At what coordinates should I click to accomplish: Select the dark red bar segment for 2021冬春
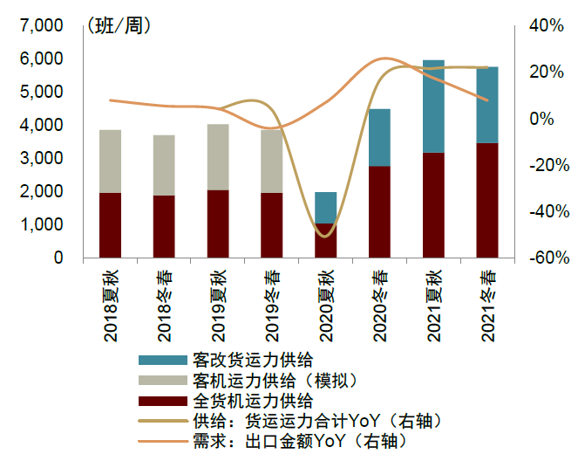487,200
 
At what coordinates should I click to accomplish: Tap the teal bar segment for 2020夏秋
325,208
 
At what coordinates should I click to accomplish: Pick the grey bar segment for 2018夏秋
110,162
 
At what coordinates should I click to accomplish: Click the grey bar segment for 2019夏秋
218,157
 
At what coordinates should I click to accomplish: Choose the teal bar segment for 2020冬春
379,138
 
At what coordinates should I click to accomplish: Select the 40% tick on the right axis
546,26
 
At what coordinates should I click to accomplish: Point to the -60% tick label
546,258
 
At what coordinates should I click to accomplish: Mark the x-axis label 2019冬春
271,299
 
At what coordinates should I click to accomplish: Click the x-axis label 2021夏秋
433,299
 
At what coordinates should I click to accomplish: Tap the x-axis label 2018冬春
164,299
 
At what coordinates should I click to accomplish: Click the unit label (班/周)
118,26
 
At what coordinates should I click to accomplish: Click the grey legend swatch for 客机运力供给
162,381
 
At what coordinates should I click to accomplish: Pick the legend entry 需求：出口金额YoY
288,442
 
